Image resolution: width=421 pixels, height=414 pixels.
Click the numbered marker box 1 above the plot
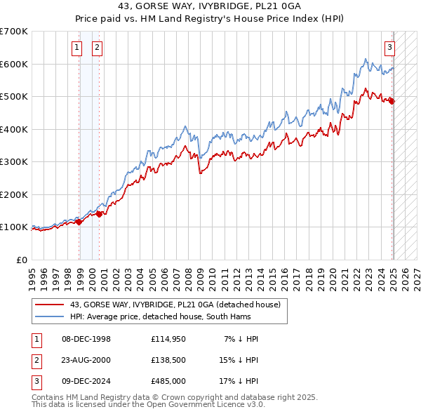click(x=76, y=48)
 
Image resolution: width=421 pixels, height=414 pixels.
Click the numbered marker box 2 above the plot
click(x=96, y=48)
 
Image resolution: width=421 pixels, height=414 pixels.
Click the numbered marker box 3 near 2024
click(x=389, y=48)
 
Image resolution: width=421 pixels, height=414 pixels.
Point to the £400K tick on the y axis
click(x=14, y=129)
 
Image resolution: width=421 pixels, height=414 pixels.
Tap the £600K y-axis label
click(x=14, y=64)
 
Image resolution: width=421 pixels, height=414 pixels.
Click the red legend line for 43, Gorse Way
click(x=49, y=305)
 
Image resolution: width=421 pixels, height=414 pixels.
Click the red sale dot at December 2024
click(x=392, y=102)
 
